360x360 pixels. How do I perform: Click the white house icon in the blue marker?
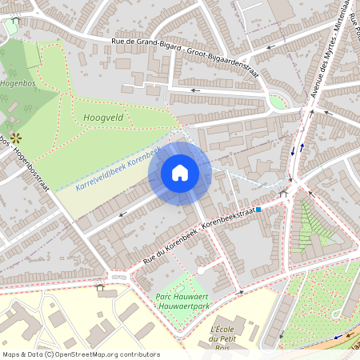pos(180,172)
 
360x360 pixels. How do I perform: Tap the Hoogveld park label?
pos(102,117)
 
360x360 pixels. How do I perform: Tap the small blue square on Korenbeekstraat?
pos(258,210)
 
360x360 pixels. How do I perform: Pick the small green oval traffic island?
pos(277,102)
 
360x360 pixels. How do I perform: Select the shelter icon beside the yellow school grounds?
pos(100,285)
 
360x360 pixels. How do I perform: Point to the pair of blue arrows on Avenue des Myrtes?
pos(298,149)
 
